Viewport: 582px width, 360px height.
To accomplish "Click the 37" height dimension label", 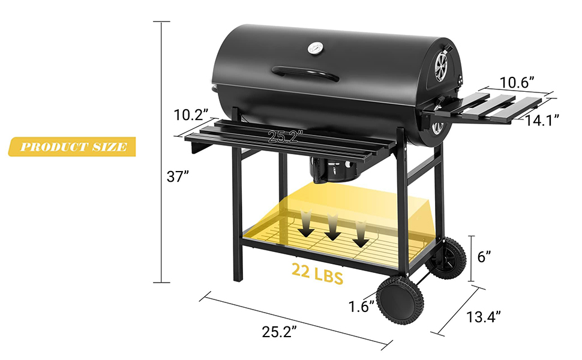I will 178,176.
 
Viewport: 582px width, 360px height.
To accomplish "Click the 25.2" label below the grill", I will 280,332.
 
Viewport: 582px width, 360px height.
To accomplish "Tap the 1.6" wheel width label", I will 362,307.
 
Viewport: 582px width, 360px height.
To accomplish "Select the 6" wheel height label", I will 484,256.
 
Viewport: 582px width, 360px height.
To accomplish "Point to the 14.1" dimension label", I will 542,119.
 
